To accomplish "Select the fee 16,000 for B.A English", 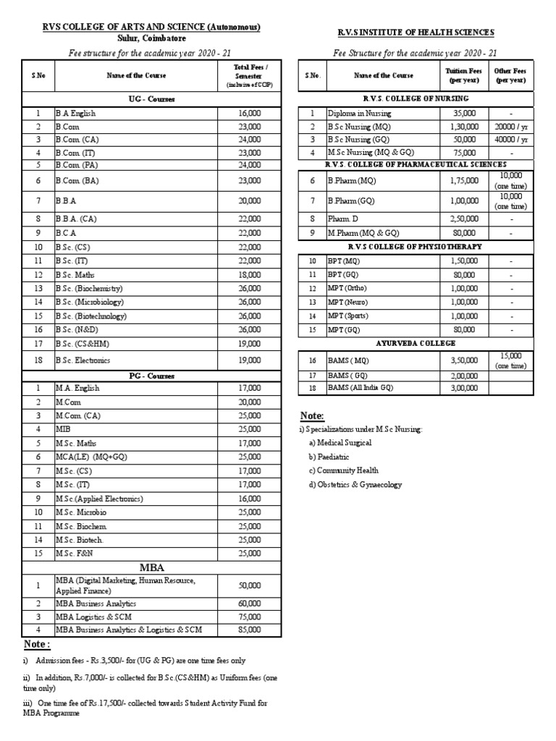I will [x=248, y=113].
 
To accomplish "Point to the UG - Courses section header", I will [x=151, y=98].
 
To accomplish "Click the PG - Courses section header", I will [x=151, y=376].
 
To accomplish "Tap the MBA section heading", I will [x=151, y=566].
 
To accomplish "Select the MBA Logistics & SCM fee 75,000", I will [x=248, y=617].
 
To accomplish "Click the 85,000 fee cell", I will [x=248, y=630].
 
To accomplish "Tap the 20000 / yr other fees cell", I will [x=510, y=126].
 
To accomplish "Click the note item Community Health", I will [x=343, y=470].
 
